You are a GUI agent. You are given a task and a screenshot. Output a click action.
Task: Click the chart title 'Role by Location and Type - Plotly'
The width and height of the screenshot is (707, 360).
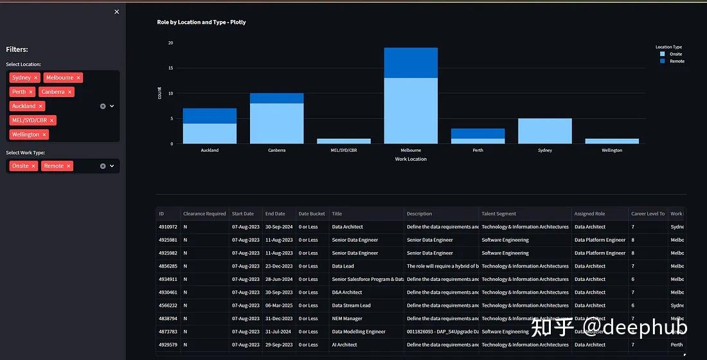point(201,22)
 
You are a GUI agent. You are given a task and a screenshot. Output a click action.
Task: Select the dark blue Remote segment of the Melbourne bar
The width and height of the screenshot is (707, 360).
point(411,63)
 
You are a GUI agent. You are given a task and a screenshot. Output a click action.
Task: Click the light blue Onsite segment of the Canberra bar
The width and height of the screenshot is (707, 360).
point(276,123)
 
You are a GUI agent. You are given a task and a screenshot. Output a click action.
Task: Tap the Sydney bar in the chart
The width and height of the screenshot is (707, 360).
point(544,130)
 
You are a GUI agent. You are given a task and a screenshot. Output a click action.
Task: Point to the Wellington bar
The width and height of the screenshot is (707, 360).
point(611,141)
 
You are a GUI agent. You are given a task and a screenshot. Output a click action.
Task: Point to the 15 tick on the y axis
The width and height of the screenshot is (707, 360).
point(170,68)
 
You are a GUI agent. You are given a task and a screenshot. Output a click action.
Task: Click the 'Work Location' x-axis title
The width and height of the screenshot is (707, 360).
point(411,159)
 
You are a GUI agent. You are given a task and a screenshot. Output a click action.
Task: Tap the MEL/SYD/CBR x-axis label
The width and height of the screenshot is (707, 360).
point(343,150)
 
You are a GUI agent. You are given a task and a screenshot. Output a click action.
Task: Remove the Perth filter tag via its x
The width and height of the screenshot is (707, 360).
point(31,92)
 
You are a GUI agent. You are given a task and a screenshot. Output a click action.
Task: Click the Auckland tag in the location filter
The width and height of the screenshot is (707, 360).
point(24,106)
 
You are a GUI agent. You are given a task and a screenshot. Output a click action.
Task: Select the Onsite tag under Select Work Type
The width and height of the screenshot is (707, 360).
point(21,166)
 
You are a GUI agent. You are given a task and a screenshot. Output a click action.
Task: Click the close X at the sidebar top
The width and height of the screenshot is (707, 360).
point(116,12)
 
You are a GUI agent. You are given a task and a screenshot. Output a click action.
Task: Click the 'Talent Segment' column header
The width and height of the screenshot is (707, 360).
point(499,213)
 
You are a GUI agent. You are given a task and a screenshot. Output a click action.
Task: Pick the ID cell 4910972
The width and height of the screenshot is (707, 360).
point(168,227)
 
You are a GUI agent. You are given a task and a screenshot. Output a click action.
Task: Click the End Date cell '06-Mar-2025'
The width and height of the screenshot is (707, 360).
point(278,305)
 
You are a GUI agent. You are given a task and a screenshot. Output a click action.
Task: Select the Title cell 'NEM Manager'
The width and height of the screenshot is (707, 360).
point(347,319)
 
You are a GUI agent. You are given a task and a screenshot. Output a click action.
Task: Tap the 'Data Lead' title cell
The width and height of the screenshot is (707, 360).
point(343,266)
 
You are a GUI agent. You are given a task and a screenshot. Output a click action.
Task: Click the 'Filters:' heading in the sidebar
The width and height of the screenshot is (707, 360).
point(17,50)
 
